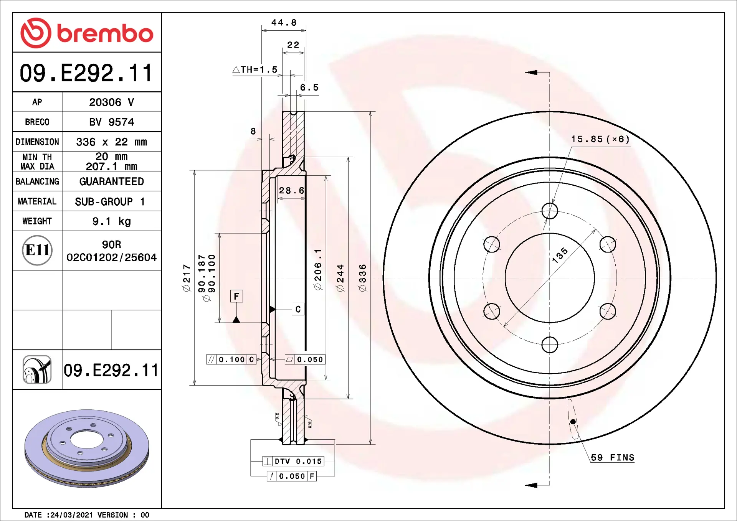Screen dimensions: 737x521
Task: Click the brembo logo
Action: pyautogui.click(x=87, y=33)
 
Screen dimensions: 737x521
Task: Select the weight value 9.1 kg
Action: pyautogui.click(x=112, y=221)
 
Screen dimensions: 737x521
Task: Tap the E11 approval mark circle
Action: pyautogui.click(x=37, y=250)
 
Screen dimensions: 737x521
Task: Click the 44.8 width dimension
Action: pyautogui.click(x=284, y=23)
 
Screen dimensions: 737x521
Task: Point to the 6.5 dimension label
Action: pyautogui.click(x=309, y=87)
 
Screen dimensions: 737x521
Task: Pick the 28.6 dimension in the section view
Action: pyautogui.click(x=292, y=190)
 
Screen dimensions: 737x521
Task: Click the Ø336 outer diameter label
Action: pyautogui.click(x=363, y=278)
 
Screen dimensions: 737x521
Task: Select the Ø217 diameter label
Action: pyautogui.click(x=187, y=278)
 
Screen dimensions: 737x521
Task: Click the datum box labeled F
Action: pyautogui.click(x=236, y=296)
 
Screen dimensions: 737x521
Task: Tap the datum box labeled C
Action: pyautogui.click(x=298, y=309)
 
